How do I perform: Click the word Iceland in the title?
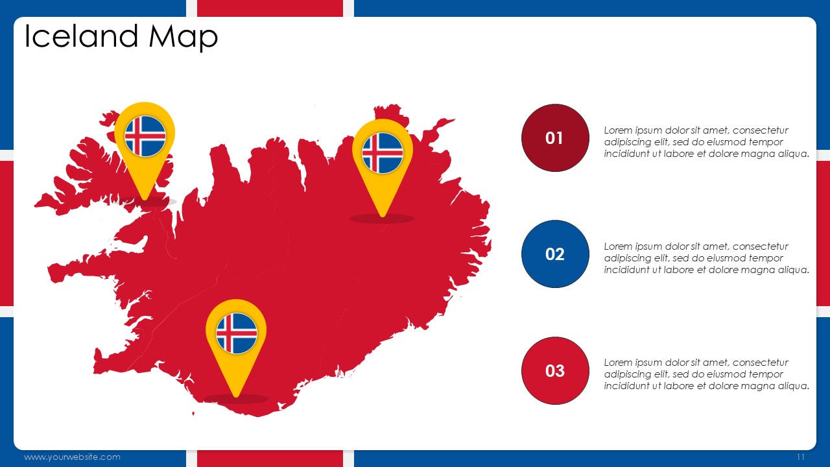(82, 36)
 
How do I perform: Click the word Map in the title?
(183, 38)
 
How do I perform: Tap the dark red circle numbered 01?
(555, 138)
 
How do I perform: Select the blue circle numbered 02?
(555, 254)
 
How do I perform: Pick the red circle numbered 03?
(555, 370)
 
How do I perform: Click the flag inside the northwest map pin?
(145, 136)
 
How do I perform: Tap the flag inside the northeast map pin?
(383, 153)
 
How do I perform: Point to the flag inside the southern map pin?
(237, 333)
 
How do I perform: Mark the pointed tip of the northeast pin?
(383, 217)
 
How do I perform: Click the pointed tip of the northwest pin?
(145, 200)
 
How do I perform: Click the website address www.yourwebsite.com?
(72, 457)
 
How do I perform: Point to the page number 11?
(801, 457)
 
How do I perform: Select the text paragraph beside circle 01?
(706, 142)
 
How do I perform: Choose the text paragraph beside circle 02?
(706, 258)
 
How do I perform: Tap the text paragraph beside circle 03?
(706, 374)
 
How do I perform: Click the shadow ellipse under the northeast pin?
(383, 219)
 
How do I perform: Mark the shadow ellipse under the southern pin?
(237, 399)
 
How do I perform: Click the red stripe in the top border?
(270, 8)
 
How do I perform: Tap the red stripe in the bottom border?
(270, 459)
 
